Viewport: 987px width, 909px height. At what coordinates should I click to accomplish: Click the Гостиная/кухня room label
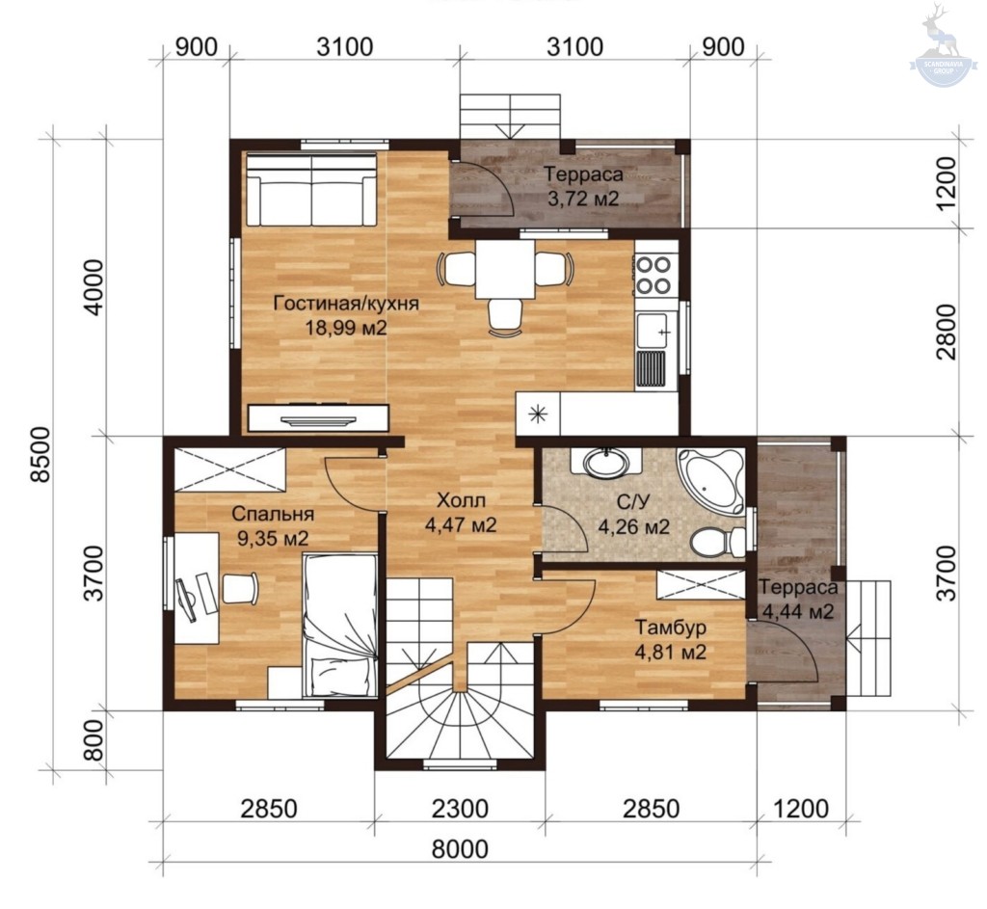(x=346, y=304)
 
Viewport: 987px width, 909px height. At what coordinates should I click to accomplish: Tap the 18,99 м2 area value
(x=346, y=328)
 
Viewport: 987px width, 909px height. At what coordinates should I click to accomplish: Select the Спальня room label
(x=273, y=514)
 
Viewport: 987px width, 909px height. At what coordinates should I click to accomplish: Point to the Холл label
(x=462, y=500)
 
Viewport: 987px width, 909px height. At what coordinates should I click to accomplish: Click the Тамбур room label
(x=671, y=628)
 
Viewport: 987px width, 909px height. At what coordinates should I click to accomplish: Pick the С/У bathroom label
(x=632, y=501)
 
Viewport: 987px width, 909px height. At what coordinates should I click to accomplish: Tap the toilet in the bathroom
(x=718, y=542)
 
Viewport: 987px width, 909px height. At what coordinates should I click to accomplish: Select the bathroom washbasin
(x=606, y=463)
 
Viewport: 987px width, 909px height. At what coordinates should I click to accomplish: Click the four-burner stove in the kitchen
(x=655, y=275)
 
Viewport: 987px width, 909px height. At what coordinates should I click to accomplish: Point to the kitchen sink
(x=654, y=331)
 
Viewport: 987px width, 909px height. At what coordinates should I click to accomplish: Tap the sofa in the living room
(x=311, y=189)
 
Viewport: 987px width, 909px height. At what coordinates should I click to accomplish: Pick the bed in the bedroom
(x=340, y=625)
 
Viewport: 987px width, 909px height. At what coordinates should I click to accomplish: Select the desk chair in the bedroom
(x=240, y=587)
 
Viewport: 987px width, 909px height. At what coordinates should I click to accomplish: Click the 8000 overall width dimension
(x=460, y=849)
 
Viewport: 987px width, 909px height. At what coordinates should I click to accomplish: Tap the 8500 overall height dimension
(x=40, y=454)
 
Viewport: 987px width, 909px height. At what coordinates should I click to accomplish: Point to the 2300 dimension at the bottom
(x=460, y=809)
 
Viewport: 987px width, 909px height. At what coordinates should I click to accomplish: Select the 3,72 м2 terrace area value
(x=583, y=199)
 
